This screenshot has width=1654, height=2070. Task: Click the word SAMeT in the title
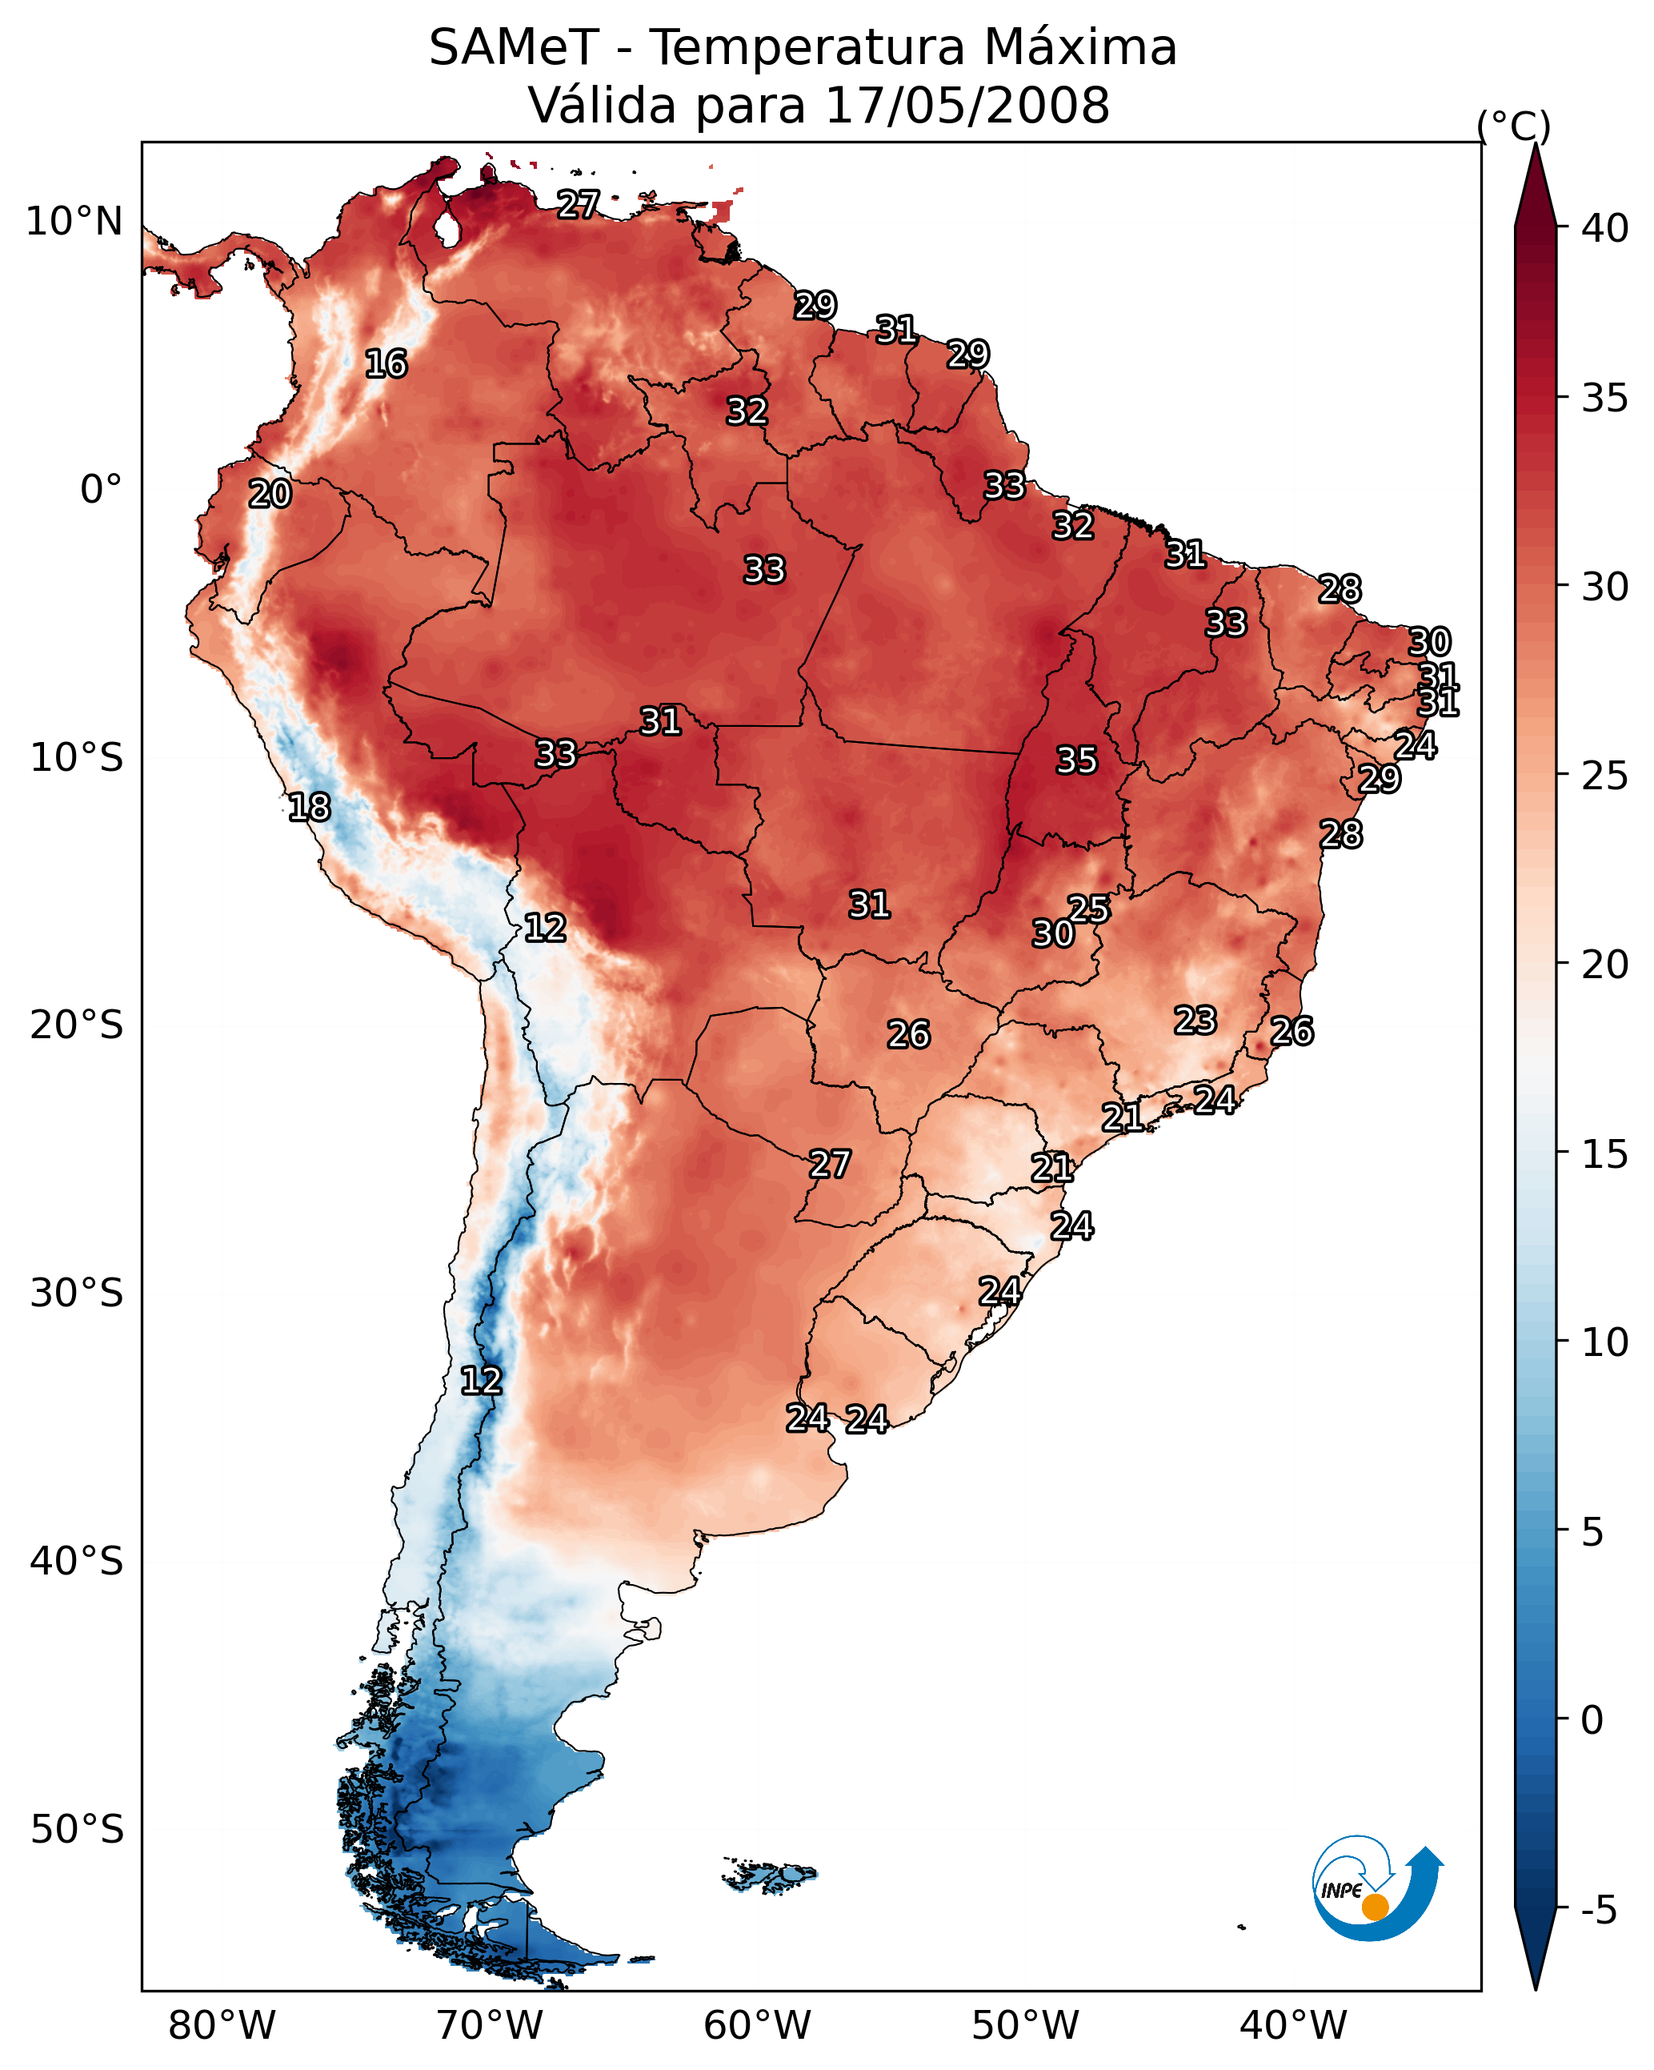click(x=514, y=48)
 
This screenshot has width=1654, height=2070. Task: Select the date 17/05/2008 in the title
click(x=967, y=106)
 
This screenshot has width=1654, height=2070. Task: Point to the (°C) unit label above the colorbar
click(x=1513, y=126)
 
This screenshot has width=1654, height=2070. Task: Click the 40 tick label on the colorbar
click(x=1605, y=228)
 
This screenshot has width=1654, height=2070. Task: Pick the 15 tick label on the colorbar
click(x=1605, y=1154)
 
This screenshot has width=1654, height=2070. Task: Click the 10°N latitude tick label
click(x=74, y=222)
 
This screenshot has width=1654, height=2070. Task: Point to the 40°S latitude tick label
click(x=77, y=1561)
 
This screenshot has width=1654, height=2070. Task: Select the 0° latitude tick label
click(x=101, y=490)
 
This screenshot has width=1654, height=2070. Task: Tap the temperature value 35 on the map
click(x=1076, y=760)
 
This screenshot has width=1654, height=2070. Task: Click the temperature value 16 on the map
click(x=386, y=364)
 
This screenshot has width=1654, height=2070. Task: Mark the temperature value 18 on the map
click(x=309, y=808)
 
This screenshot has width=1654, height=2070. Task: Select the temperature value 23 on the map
click(x=1195, y=1021)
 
